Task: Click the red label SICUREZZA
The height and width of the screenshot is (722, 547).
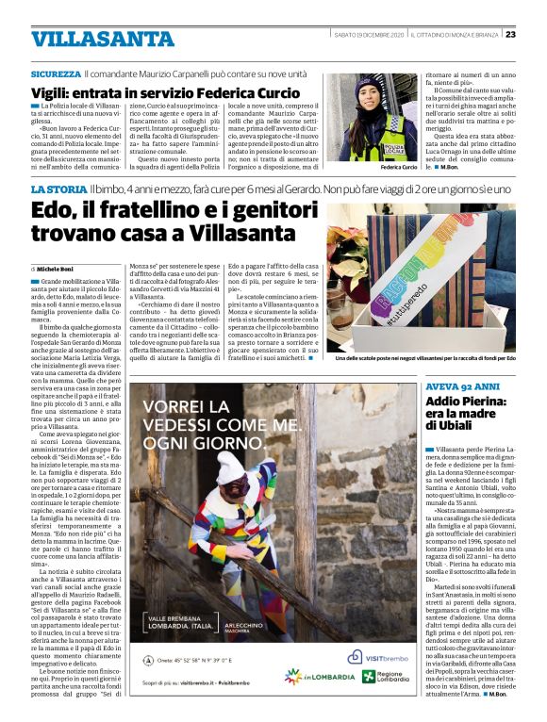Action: coord(56,74)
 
